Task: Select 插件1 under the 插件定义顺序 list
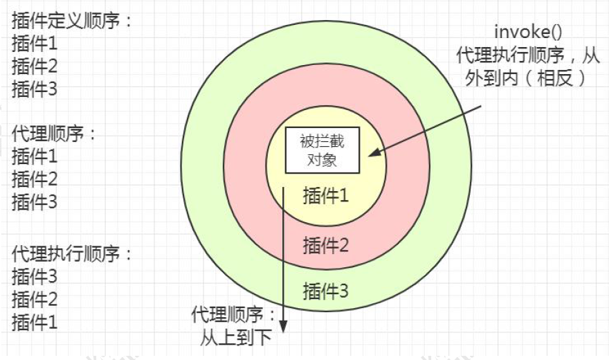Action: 34,44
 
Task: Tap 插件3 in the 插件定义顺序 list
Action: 34,89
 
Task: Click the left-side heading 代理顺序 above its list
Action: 53,134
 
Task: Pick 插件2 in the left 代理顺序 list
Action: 34,179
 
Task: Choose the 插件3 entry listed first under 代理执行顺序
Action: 34,276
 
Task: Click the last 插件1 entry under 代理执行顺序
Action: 34,322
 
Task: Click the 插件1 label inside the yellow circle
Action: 325,196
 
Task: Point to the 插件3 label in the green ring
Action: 325,291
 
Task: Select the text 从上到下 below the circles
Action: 236,339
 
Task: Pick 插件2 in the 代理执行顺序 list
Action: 34,299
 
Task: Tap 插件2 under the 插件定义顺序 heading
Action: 34,66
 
